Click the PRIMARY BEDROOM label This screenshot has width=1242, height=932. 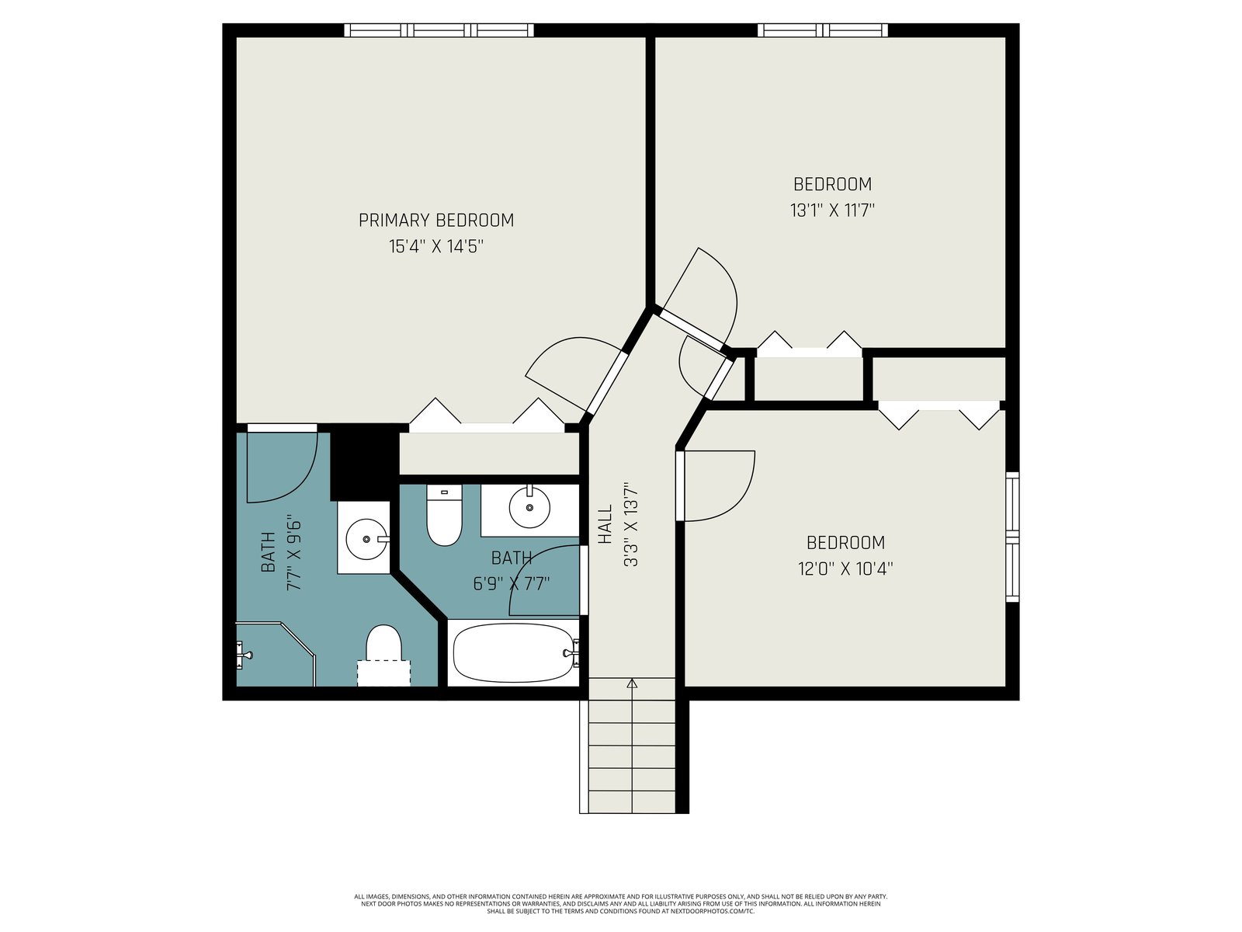[x=435, y=220]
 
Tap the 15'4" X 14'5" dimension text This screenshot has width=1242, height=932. [x=435, y=247]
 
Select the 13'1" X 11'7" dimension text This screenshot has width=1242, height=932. [x=832, y=210]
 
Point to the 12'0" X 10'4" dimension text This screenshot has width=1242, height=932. [x=845, y=568]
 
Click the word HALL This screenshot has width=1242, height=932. [x=605, y=524]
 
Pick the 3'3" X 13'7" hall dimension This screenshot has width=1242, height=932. [x=631, y=524]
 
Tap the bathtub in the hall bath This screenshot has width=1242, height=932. [x=512, y=653]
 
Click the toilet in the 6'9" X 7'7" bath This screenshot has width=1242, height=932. [x=444, y=515]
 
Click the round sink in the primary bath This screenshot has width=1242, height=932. [x=366, y=539]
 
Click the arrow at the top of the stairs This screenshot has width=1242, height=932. [x=632, y=683]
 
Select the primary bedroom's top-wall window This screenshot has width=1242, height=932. [x=439, y=30]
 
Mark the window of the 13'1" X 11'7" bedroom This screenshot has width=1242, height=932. [x=823, y=30]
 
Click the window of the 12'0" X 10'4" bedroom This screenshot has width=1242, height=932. [x=1012, y=537]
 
